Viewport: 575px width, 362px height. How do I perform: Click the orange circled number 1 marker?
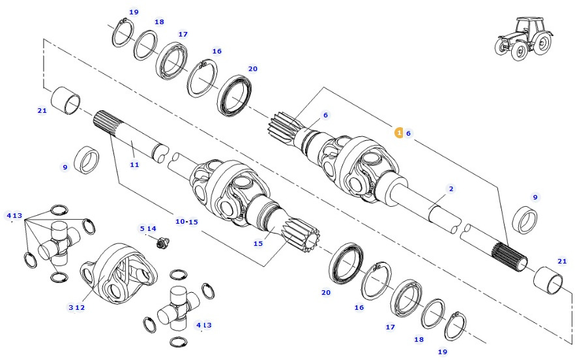click(398, 132)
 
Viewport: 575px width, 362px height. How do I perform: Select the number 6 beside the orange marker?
click(409, 133)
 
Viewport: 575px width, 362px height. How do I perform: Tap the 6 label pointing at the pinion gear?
click(325, 115)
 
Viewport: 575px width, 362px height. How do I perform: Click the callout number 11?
click(134, 164)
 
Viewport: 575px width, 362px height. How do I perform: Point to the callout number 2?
click(450, 189)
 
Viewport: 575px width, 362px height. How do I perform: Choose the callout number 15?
click(258, 243)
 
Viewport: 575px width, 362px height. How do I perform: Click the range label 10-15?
click(186, 222)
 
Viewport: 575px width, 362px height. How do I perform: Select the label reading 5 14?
click(147, 228)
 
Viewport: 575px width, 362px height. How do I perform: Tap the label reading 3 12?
click(76, 307)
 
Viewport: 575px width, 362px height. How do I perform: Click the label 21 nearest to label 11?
click(42, 110)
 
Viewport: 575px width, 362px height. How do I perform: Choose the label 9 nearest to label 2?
click(535, 197)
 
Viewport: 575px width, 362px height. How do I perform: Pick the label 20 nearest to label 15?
click(326, 293)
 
